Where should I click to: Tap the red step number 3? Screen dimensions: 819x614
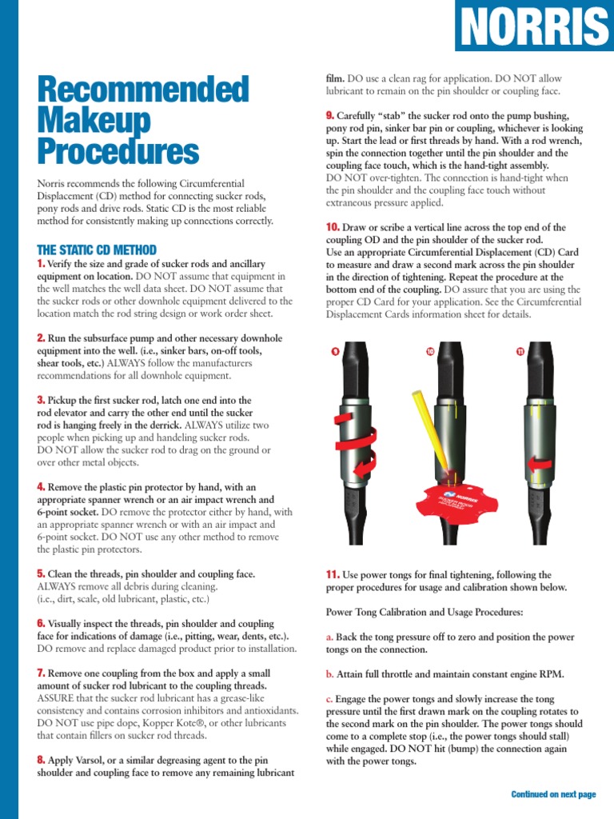coord(41,399)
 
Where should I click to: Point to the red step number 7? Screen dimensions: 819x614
coord(41,673)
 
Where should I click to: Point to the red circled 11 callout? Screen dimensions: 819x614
coord(520,351)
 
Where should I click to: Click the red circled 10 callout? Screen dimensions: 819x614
coord(429,351)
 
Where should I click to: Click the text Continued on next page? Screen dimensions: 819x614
coord(553,794)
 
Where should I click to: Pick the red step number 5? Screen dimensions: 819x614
coord(41,573)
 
